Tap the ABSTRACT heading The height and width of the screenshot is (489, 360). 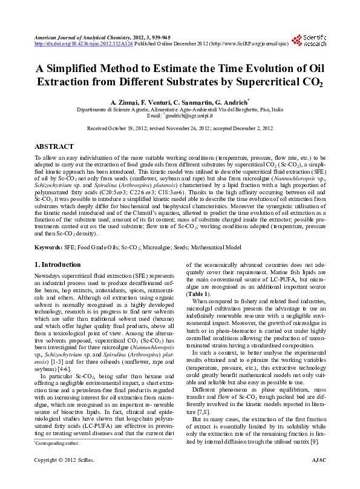54,146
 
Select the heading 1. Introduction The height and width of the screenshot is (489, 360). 57,264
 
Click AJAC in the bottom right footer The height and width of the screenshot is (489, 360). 318,478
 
